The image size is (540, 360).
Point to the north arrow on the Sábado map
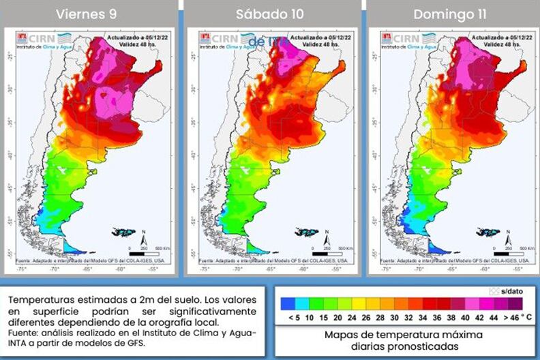point(328,238)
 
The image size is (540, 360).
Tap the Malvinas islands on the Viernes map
point(124,232)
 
